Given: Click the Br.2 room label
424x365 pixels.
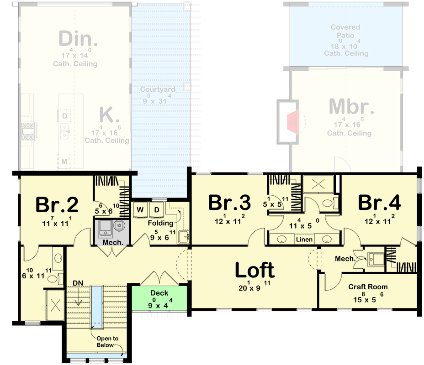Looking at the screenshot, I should [x=57, y=204].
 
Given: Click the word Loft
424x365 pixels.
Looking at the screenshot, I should [x=254, y=271].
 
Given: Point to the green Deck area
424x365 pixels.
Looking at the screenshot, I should [x=159, y=299].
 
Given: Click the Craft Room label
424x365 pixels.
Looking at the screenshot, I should [x=368, y=287].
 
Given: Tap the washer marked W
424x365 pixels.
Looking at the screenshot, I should [x=140, y=210].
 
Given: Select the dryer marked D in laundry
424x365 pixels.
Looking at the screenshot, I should [x=157, y=210].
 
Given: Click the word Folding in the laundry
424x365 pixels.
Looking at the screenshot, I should [x=160, y=223].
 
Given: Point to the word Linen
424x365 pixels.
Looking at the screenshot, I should [x=304, y=240].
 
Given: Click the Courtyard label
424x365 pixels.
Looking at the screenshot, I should [x=157, y=89].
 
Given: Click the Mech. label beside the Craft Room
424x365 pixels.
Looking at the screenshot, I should [x=345, y=259].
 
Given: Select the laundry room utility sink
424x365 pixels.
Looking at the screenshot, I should [x=185, y=237].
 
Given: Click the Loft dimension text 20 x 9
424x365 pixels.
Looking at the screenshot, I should [x=255, y=288].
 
